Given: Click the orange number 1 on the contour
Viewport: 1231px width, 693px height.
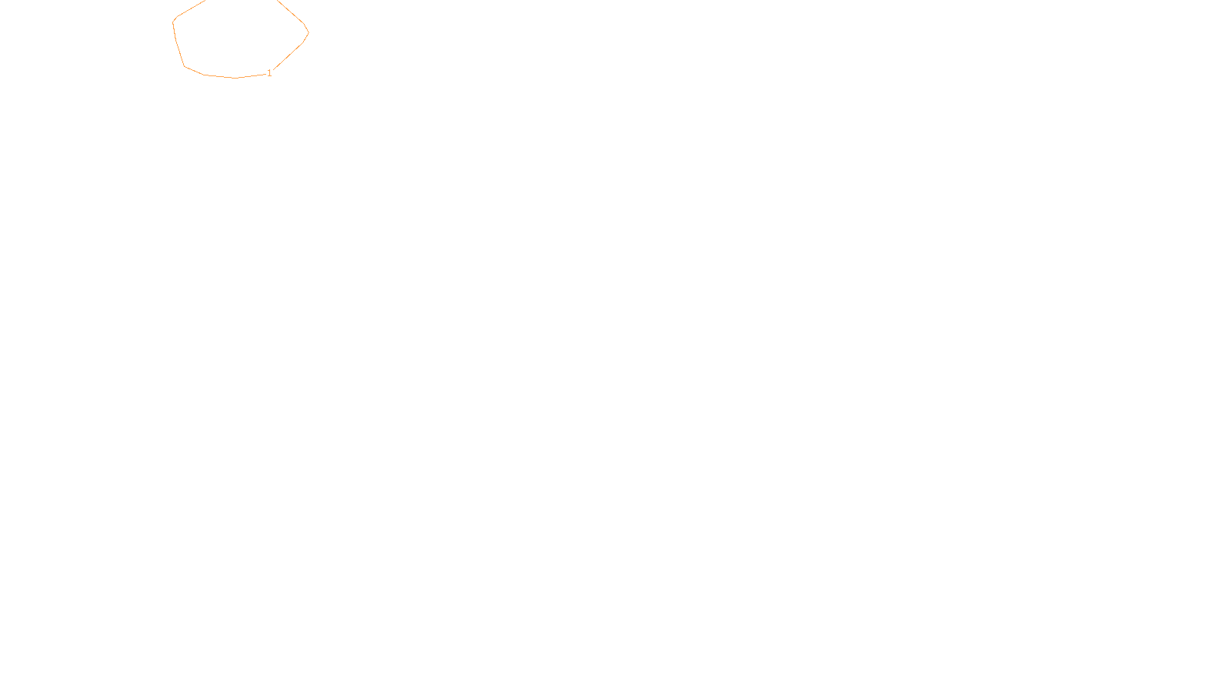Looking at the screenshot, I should tap(269, 73).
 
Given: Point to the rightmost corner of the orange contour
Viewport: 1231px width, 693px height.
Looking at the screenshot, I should tap(309, 32).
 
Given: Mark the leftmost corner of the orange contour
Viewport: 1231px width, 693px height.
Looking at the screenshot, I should tap(173, 22).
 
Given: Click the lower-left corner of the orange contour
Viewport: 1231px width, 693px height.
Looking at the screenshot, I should tap(185, 66).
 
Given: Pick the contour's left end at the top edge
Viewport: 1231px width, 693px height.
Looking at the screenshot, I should tap(205, 1).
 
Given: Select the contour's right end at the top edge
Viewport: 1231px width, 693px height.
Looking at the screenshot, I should tap(277, 1).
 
